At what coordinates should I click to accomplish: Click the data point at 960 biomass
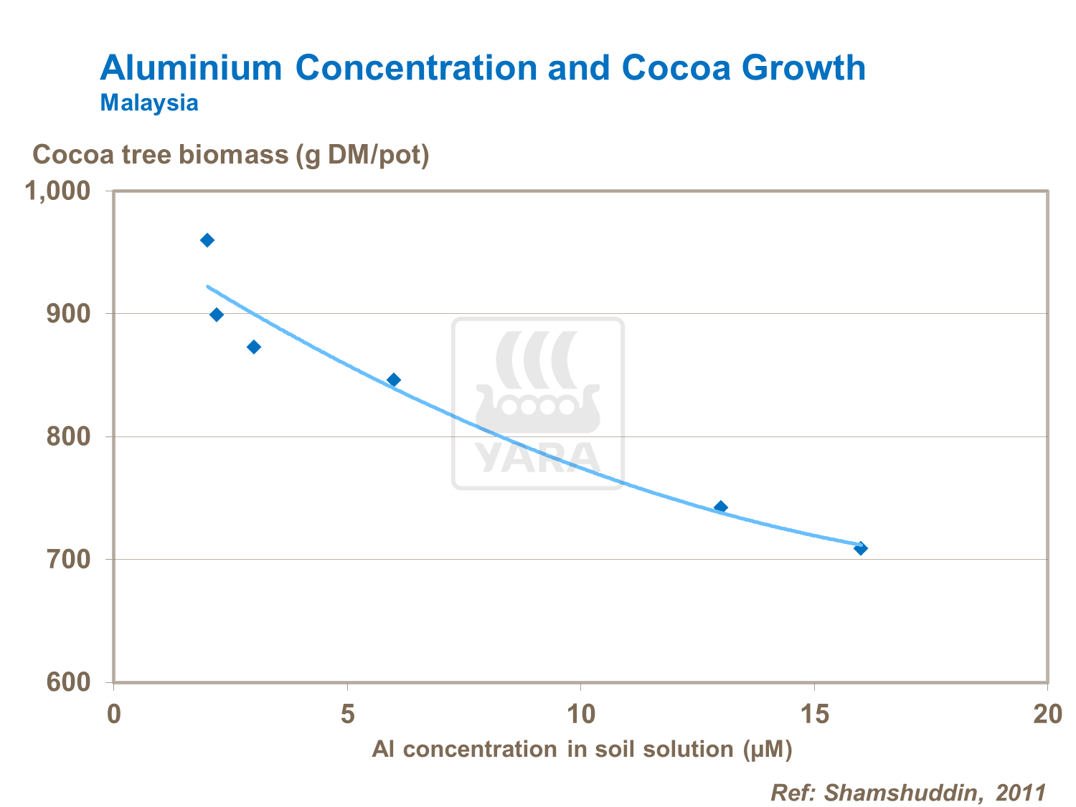coord(207,240)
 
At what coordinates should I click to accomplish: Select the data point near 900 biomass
coord(217,315)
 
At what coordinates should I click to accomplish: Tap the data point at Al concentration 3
coord(254,347)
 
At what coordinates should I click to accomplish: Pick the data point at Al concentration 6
coord(394,380)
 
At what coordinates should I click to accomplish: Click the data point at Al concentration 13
coord(721,507)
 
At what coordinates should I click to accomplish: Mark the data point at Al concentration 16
coord(861,548)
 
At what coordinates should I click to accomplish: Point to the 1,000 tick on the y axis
coord(58,191)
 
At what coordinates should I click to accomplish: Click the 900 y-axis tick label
coord(69,314)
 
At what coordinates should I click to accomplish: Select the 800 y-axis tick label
coord(69,436)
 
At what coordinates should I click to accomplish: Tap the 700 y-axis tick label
coord(69,559)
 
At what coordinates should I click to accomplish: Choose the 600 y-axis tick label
coord(69,682)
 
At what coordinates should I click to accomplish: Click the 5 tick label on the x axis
coord(348,715)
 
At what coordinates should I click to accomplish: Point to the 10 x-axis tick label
coord(581,715)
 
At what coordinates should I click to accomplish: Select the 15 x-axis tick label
coord(815,715)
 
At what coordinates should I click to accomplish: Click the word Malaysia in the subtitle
coord(149,102)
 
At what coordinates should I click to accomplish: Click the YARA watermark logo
coord(538,403)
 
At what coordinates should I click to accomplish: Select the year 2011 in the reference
coord(1021,792)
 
